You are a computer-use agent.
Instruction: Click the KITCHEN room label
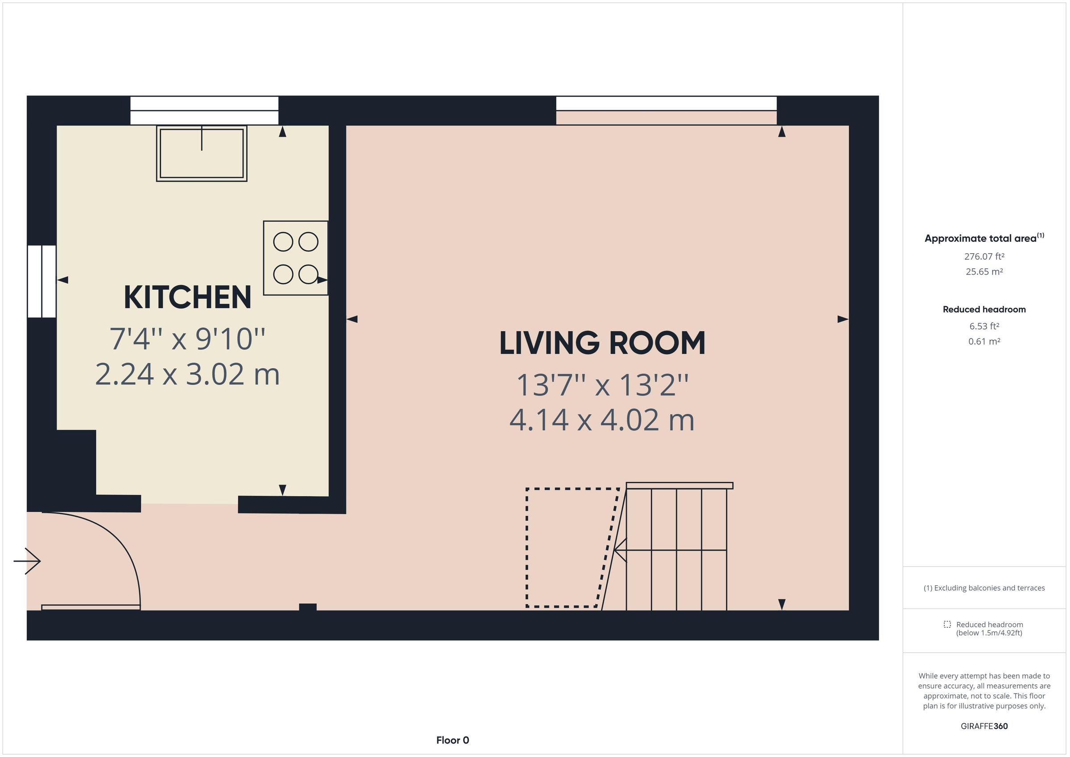tap(187, 297)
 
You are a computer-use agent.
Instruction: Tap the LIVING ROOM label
tap(602, 344)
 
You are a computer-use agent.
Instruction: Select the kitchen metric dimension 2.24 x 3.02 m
tap(187, 374)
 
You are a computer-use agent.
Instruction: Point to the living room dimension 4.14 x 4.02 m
tap(602, 420)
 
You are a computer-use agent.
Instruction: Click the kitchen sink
tap(202, 153)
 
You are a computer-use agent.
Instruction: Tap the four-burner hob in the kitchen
tap(296, 258)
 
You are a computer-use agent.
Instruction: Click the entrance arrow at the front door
tap(28, 561)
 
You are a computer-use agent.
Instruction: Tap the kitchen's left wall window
tap(42, 282)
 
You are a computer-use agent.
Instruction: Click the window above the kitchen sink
tap(204, 111)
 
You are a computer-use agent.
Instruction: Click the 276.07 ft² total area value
tap(984, 256)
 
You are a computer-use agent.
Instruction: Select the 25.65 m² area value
tap(984, 272)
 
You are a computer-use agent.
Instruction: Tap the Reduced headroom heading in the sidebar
tap(984, 309)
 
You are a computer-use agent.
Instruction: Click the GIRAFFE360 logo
tap(984, 726)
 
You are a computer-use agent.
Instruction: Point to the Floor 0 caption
tap(453, 740)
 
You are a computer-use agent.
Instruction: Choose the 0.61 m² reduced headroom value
tap(984, 341)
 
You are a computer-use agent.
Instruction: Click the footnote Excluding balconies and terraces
tap(984, 588)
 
